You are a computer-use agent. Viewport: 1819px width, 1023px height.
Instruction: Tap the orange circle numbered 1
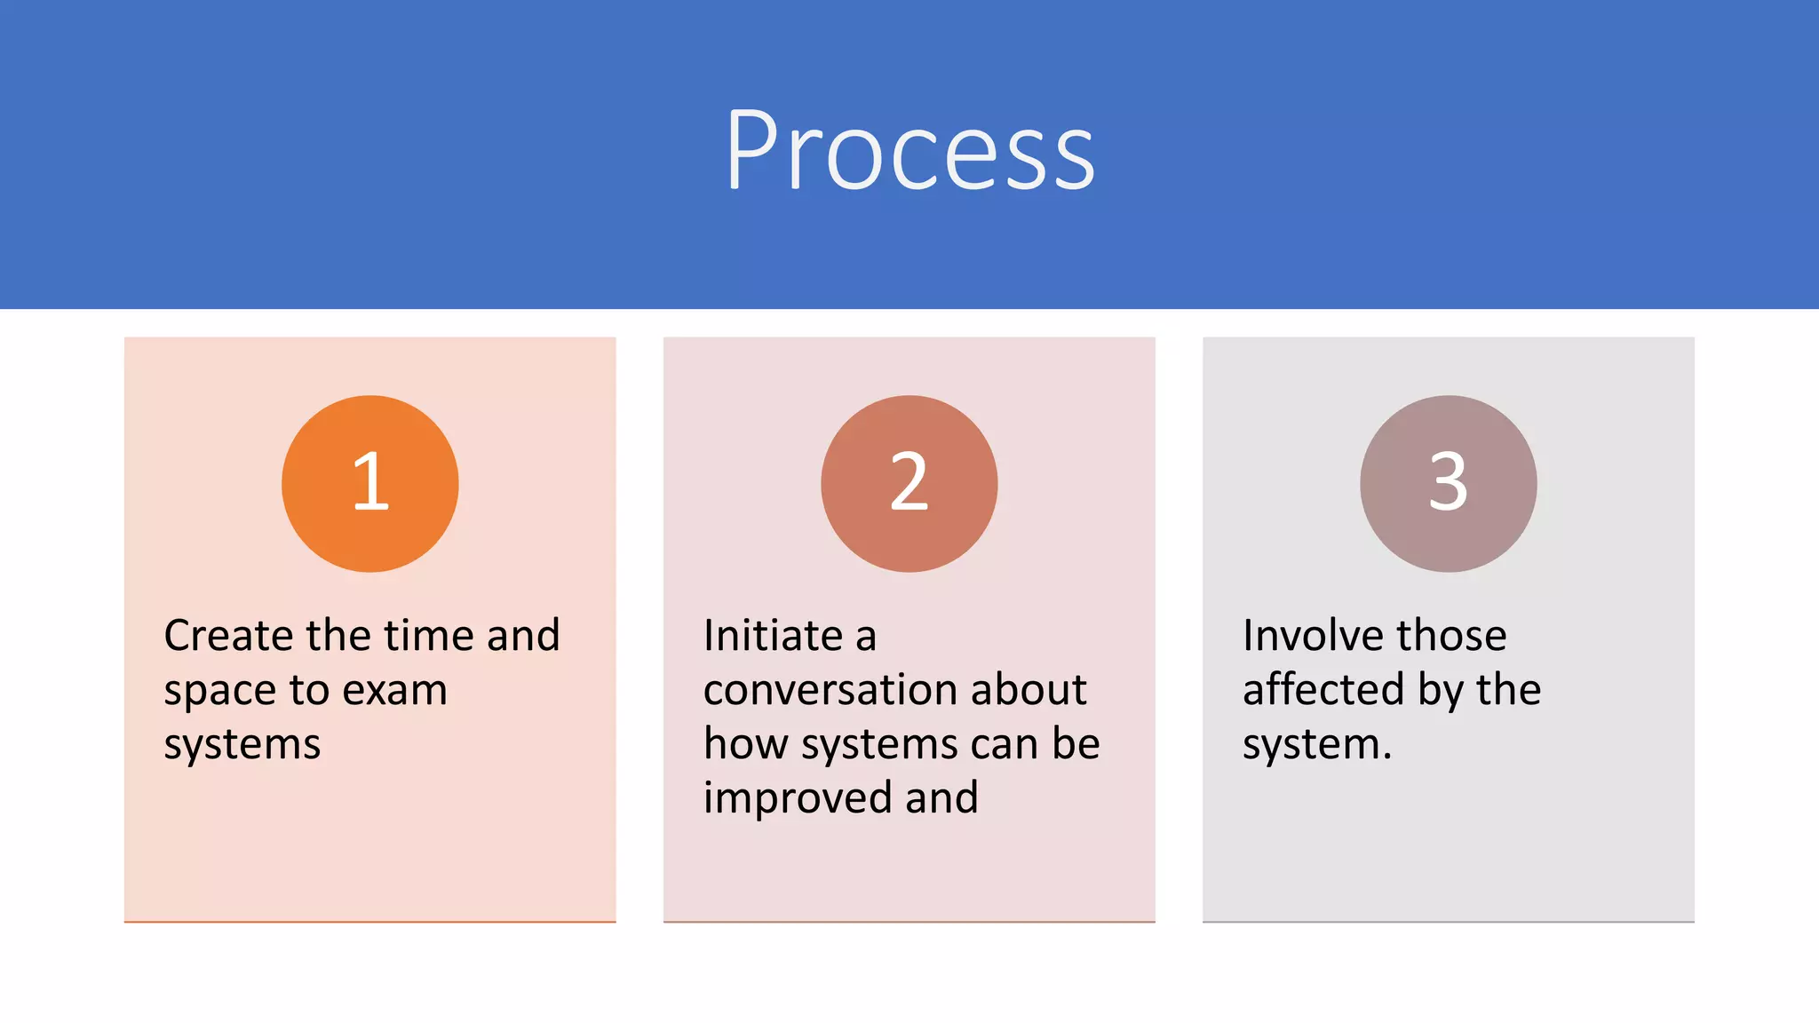tap(370, 483)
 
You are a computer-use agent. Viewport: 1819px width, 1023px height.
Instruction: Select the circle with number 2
tap(909, 483)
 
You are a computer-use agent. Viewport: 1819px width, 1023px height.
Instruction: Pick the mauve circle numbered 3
tap(1448, 483)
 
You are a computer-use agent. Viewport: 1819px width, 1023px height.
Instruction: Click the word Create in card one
tap(228, 636)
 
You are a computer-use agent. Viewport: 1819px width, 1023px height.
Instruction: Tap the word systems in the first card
tap(242, 744)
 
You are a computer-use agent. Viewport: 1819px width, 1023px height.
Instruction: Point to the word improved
tap(797, 797)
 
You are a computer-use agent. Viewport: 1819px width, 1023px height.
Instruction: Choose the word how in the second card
tap(745, 744)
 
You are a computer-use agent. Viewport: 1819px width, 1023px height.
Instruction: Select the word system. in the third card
tap(1316, 744)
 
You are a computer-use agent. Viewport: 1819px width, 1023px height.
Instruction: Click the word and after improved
tap(941, 797)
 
